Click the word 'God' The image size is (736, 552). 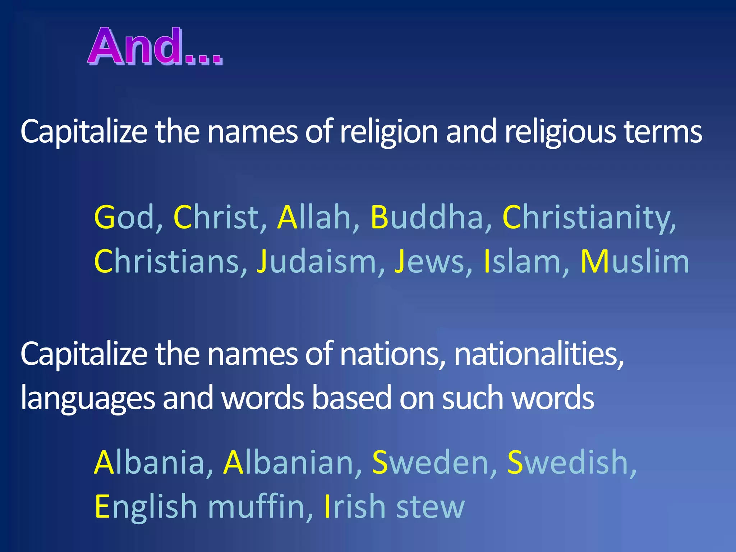coord(124,217)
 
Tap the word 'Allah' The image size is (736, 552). coord(314,217)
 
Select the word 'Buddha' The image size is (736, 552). coord(427,217)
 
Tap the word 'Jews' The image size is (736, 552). coord(429,261)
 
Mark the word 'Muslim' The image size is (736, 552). coord(635,261)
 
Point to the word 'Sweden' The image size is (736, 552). coord(430,463)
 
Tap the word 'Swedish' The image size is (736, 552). coord(567,463)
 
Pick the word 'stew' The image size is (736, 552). coord(430,507)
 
